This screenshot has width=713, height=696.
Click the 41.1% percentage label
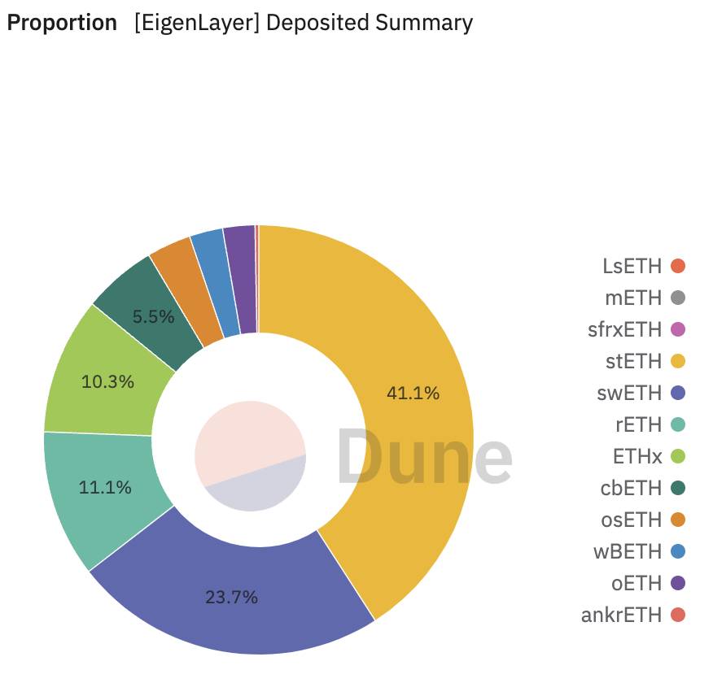413,394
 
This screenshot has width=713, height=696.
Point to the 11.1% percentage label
105,488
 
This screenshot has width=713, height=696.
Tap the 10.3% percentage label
107,381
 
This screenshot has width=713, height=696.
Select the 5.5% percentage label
153,317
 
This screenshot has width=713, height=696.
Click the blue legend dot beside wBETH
677,551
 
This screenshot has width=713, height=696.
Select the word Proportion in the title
62,23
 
